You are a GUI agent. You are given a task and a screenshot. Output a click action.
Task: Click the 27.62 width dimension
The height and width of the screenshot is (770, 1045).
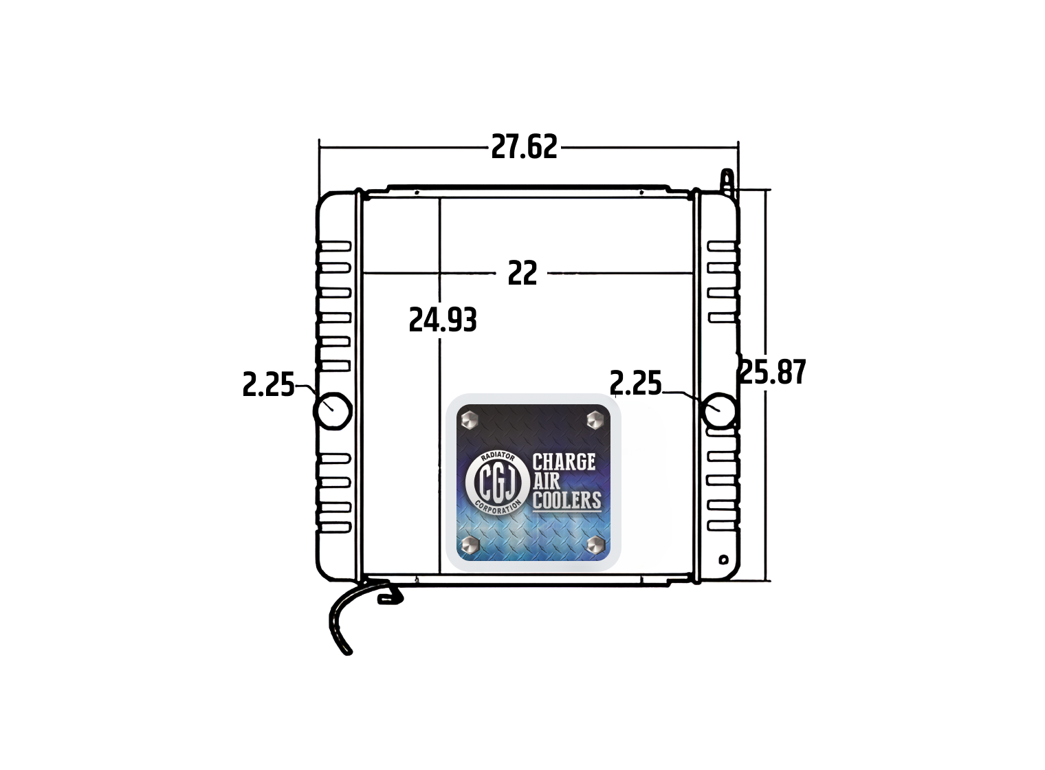[524, 146]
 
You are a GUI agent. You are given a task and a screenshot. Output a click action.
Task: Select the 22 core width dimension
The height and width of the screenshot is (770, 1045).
[522, 274]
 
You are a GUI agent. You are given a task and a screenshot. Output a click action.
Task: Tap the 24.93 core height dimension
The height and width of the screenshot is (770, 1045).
[443, 320]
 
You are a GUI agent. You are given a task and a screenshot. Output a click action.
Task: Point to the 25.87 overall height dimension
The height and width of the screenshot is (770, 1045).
[773, 372]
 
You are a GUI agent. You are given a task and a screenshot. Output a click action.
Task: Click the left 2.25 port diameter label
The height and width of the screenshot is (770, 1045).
[268, 385]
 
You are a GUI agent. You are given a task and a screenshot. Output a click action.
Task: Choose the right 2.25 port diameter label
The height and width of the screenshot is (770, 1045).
[635, 384]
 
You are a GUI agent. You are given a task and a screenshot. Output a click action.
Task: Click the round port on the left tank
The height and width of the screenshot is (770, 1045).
[332, 410]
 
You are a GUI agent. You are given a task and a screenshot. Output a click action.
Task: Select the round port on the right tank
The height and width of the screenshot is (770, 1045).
[718, 410]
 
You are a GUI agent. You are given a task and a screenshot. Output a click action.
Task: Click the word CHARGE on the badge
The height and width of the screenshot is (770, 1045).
[564, 462]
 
